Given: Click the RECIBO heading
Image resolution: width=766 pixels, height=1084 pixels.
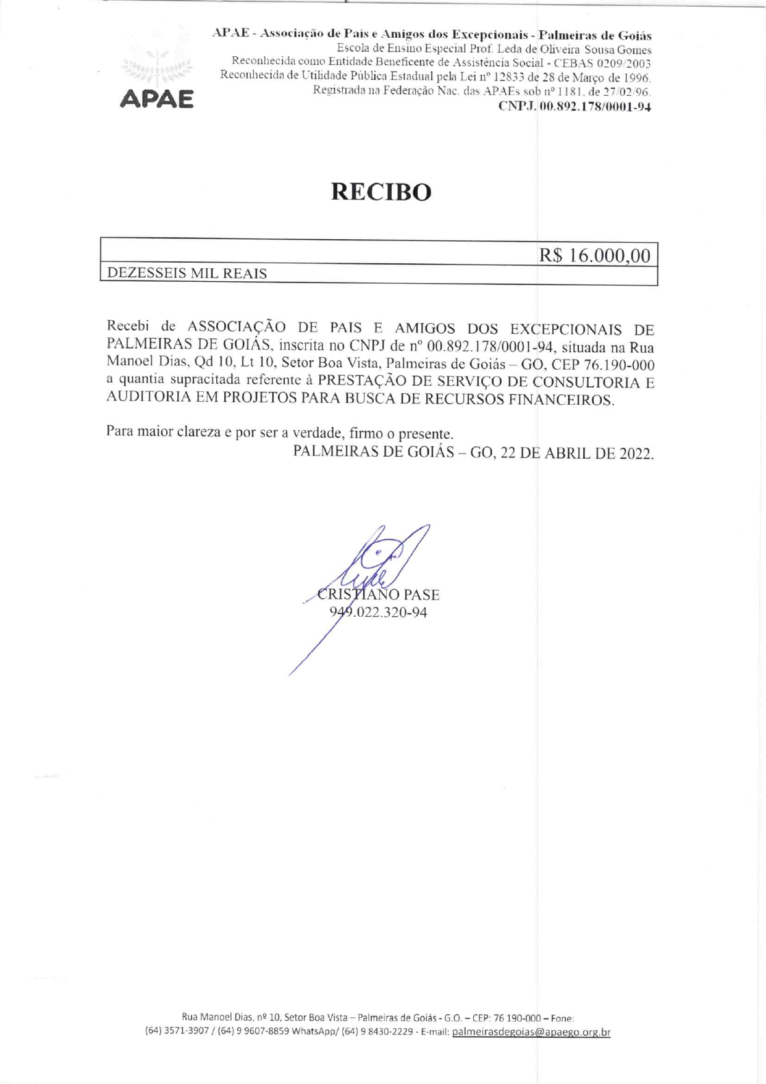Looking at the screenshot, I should (381, 192).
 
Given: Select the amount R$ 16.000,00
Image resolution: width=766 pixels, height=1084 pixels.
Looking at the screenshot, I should (594, 255).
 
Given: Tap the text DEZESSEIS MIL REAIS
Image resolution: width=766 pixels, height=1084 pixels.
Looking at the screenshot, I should (187, 273).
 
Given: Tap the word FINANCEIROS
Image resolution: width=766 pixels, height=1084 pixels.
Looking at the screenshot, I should (561, 400).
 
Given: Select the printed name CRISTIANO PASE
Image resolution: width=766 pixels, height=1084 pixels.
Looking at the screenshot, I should (378, 595).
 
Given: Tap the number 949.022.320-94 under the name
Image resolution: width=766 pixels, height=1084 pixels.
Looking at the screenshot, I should (378, 612).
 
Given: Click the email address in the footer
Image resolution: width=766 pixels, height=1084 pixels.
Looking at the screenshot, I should (531, 1032).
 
